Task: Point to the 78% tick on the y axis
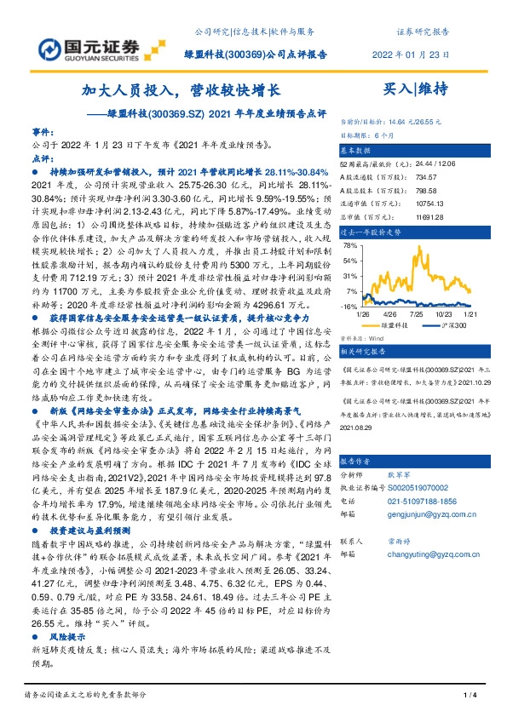coord(349,244)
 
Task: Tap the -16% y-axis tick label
coord(349,307)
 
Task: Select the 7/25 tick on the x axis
coord(417,314)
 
